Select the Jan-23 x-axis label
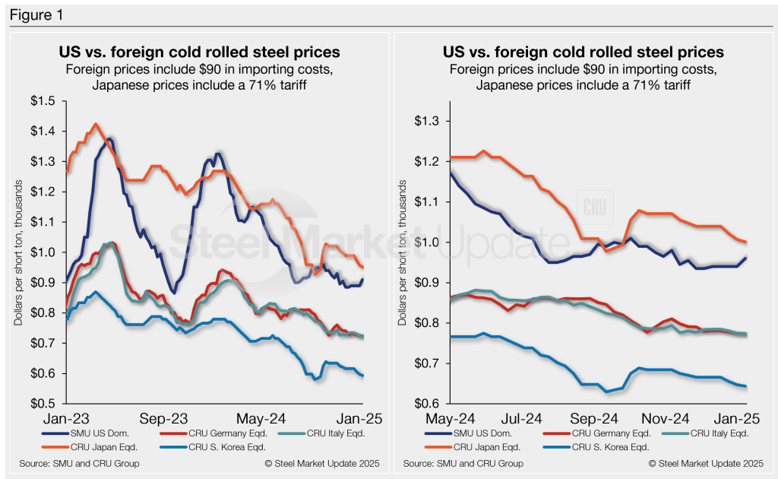65,418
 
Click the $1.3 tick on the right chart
432,121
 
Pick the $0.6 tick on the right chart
432,404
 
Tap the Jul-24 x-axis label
523,418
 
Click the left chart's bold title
199,53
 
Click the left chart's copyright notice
322,463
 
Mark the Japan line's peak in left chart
95,124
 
